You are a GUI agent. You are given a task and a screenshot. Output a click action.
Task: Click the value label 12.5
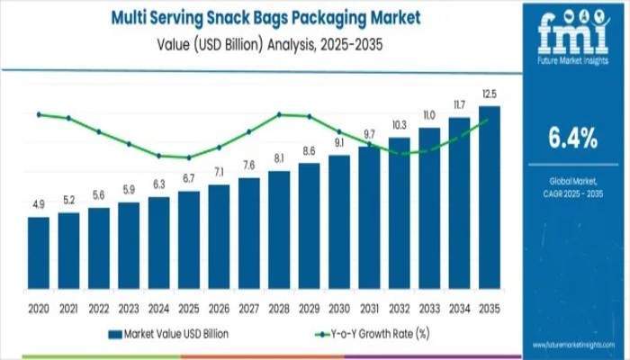pyautogui.click(x=490, y=94)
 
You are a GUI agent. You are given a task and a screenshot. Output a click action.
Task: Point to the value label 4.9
pyautogui.click(x=39, y=206)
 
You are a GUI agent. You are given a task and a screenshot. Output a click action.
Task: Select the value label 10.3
pyautogui.click(x=400, y=125)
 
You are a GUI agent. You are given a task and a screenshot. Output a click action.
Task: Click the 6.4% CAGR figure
pyautogui.click(x=572, y=138)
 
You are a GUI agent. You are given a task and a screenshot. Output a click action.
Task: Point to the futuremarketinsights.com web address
pyautogui.click(x=571, y=346)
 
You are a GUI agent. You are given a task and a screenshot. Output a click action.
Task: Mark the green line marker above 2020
pyautogui.click(x=39, y=114)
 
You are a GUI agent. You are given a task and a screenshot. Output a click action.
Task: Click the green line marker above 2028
pyautogui.click(x=279, y=114)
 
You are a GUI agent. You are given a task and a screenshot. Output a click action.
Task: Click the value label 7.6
pyautogui.click(x=249, y=165)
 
